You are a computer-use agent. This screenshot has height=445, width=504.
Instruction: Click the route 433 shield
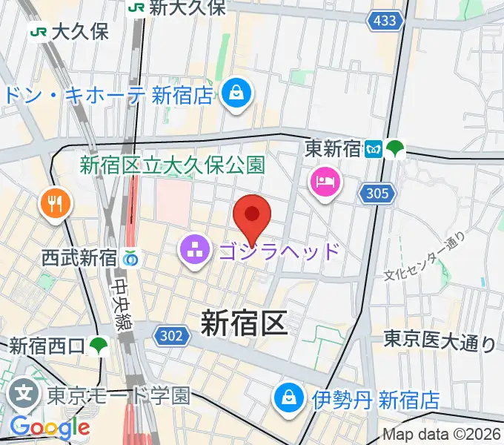point(385,22)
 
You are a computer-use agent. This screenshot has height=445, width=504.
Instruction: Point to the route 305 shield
point(375,194)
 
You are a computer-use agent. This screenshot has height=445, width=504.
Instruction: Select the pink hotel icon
point(325,180)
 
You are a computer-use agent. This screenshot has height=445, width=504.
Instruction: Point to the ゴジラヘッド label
point(279,251)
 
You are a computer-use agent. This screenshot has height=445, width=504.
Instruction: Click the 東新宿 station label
point(333,149)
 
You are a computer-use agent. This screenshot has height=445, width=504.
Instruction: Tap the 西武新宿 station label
point(79,258)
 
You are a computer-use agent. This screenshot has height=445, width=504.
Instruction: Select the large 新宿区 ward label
point(244,323)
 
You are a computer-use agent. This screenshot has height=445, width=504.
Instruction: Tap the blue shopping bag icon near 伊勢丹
point(285,399)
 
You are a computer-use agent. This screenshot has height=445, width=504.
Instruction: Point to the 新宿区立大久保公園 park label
point(172,165)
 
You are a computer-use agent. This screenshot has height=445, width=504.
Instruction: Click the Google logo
point(50,427)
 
